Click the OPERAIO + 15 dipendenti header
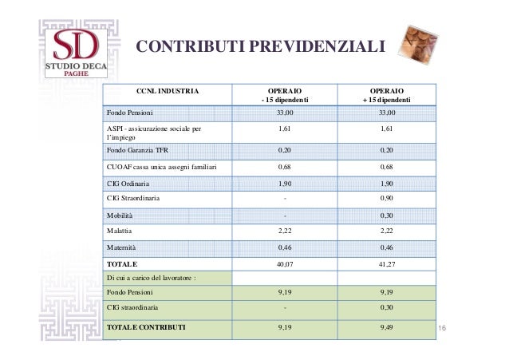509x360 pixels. tap(386, 96)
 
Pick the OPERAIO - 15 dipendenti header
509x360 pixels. tap(286, 96)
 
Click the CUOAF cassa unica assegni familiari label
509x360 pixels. tap(157, 167)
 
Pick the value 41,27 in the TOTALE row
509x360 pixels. tap(386, 262)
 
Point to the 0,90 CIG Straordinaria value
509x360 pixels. tap(386, 198)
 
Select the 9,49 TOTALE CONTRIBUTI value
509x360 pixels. tap(386, 327)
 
